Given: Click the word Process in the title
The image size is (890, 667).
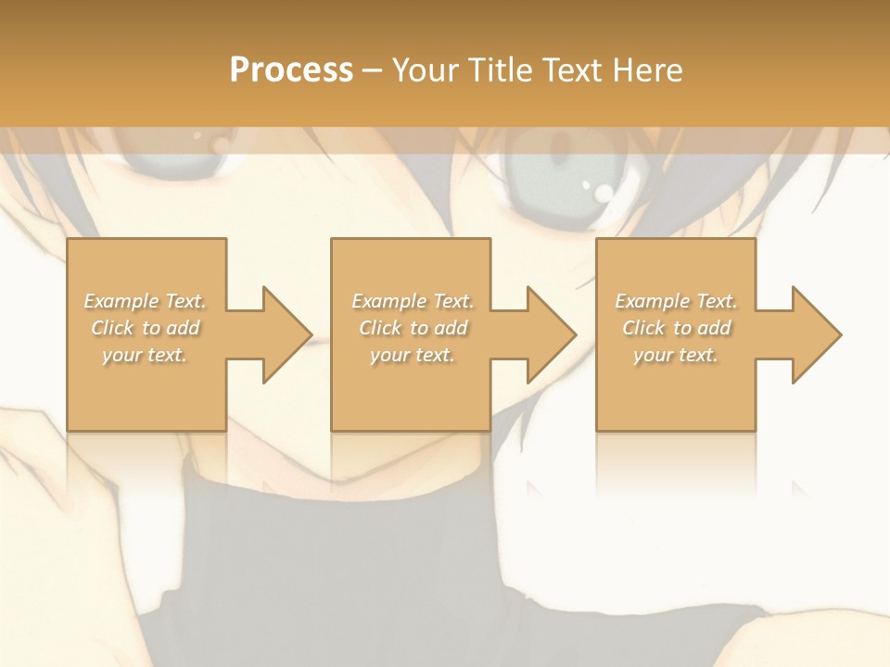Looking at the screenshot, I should pos(291,70).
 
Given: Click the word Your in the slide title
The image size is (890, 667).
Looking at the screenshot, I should pos(426,70).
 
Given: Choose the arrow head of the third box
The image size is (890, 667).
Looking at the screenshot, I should pos(815,334).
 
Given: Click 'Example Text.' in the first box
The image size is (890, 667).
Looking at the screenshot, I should pos(145,301).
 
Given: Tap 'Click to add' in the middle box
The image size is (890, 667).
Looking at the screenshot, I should pos(413,328).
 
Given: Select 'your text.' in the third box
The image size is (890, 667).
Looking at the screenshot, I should pos(676,355).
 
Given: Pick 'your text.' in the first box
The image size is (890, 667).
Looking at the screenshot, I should pos(145,355).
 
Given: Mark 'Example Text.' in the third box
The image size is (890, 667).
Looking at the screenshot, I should pos(676,301).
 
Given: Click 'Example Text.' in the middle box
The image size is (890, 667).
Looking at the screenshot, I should pos(413,301).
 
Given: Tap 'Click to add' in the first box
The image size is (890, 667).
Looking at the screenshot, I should pos(145,328).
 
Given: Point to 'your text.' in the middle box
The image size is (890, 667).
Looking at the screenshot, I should pos(413,355).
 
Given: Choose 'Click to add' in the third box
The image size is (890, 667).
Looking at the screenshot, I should pos(676,328).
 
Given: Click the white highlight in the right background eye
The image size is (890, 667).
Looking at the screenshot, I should pos(604,192).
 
